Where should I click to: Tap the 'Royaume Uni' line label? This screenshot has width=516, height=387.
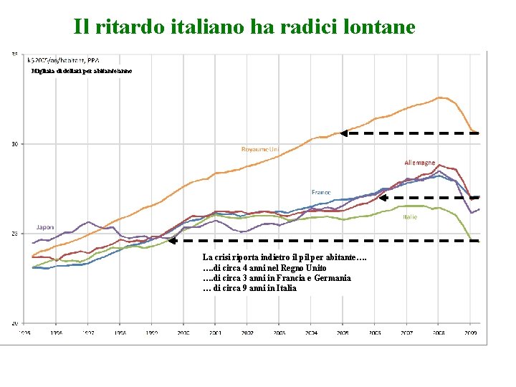(x=260, y=149)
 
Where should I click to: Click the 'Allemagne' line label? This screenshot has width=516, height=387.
(x=419, y=163)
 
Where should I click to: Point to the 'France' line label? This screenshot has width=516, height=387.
(x=321, y=191)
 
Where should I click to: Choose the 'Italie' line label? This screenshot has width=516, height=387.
(x=410, y=216)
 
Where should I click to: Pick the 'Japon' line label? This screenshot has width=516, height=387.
(x=45, y=227)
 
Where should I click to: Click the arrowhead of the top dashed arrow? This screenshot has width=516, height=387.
(x=343, y=133)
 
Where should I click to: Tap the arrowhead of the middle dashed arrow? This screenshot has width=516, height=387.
(x=383, y=197)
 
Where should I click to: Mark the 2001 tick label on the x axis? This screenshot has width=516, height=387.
(x=215, y=333)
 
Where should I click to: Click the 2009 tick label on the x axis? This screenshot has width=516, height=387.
(x=471, y=333)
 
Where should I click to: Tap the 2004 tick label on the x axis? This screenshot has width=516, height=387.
(x=311, y=333)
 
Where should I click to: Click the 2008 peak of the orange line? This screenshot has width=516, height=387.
(x=441, y=97)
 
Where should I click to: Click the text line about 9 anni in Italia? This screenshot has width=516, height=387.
(x=249, y=288)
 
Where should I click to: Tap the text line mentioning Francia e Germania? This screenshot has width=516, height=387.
(x=277, y=278)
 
